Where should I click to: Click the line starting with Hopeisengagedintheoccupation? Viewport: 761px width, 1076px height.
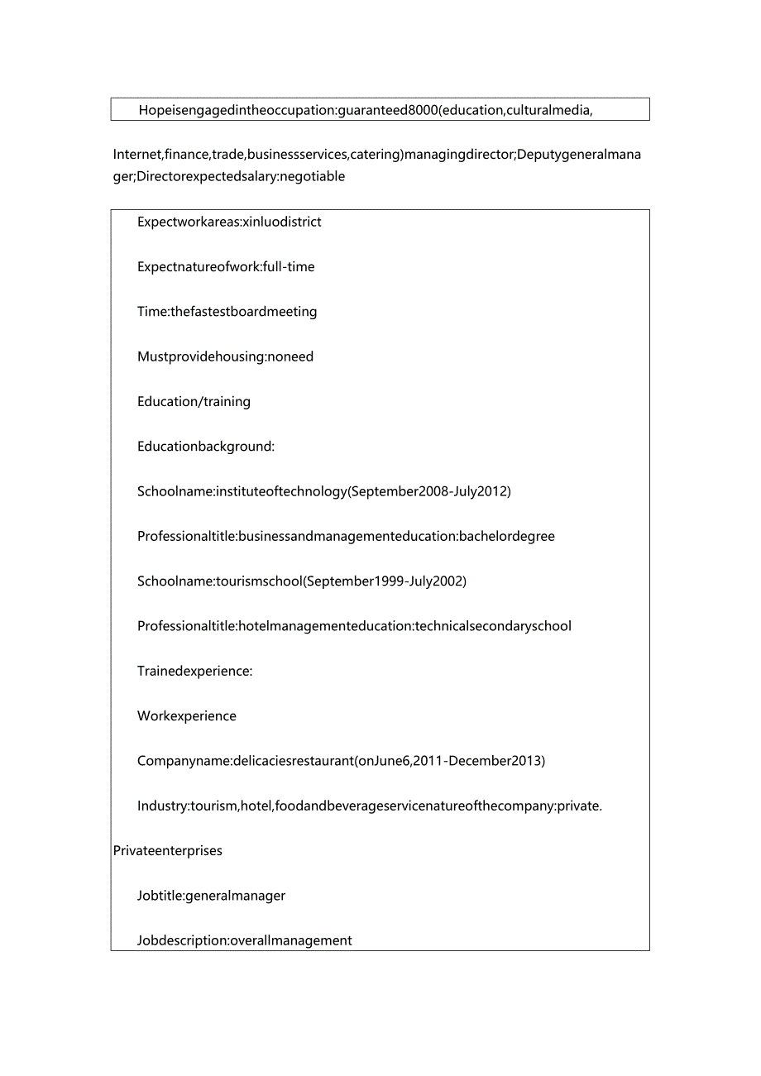click(x=365, y=110)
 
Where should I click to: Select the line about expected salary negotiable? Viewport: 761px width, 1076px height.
click(x=229, y=176)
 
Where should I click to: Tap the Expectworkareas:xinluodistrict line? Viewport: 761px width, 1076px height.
click(x=229, y=222)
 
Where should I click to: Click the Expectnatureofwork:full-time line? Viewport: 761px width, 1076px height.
click(x=226, y=266)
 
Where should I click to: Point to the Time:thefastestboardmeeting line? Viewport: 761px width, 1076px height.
click(x=227, y=312)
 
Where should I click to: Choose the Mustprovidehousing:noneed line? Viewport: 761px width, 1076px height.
click(x=225, y=356)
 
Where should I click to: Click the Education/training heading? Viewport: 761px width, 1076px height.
click(x=194, y=401)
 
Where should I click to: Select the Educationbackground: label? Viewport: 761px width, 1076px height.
click(x=205, y=447)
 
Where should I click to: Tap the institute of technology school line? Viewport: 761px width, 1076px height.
click(x=324, y=491)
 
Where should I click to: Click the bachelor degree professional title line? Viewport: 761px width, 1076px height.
click(x=346, y=536)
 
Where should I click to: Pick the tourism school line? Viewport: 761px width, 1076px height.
click(x=302, y=581)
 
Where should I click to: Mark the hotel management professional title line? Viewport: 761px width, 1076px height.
click(x=354, y=626)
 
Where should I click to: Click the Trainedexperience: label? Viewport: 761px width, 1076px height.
click(x=194, y=671)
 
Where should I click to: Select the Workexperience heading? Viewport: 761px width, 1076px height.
click(x=187, y=716)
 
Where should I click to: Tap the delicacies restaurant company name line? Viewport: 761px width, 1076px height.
click(x=341, y=761)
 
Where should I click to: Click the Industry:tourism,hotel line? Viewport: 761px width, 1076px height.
click(x=370, y=806)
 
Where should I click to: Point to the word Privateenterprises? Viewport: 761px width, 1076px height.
click(x=168, y=850)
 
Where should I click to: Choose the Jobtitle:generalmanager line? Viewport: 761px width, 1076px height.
click(x=211, y=896)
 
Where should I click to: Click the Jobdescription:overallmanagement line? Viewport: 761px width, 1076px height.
click(x=245, y=940)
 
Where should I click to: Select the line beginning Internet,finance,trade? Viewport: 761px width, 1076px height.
click(x=377, y=155)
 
